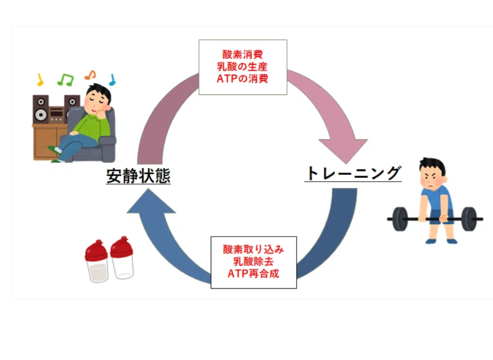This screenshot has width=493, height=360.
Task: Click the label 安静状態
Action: pos(139,176)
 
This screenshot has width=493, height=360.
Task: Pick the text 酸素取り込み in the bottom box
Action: pos(253,249)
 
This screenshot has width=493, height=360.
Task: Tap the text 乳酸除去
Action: pos(253,262)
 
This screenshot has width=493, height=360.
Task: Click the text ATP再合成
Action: pos(253,273)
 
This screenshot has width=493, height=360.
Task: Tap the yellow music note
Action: pos(40,80)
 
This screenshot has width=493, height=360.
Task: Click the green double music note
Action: pos(65,79)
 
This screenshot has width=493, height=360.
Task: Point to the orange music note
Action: pos(90,75)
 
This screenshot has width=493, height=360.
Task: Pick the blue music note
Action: pos(112,79)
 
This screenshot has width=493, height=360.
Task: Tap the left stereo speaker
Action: pos(41,110)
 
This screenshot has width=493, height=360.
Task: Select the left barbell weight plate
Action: pos(400,219)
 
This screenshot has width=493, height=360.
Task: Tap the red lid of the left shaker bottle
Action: pos(96,251)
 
